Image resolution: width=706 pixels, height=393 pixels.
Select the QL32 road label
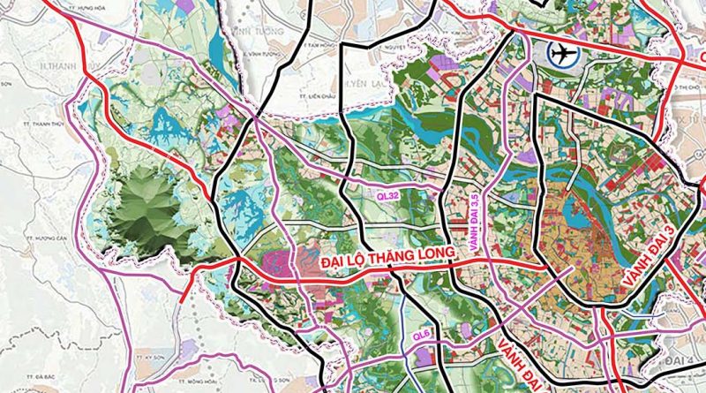[387, 188]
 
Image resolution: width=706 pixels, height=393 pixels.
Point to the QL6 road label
[423, 337]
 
